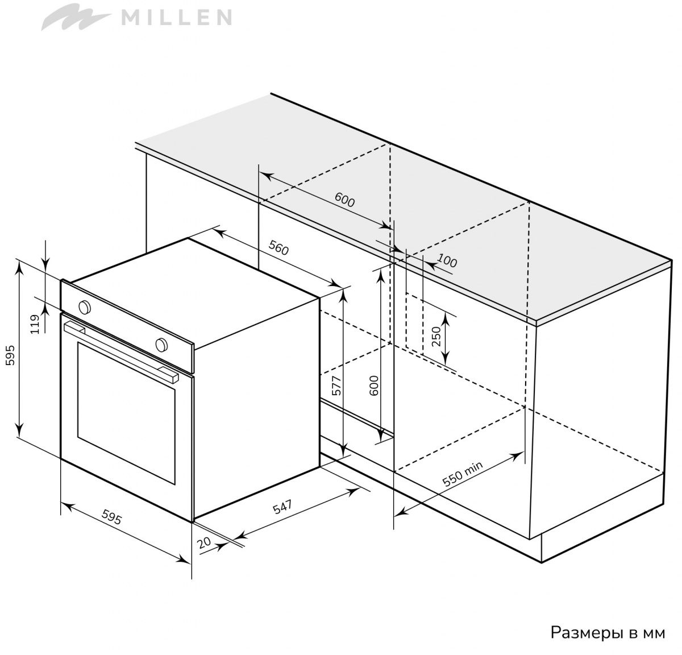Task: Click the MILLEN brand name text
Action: [x=176, y=17]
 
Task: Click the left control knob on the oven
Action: [x=85, y=307]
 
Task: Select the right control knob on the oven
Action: [x=161, y=345]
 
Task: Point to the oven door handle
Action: [x=121, y=351]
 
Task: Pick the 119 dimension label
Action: [x=35, y=324]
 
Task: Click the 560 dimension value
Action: [x=278, y=248]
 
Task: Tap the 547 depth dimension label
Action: [x=282, y=507]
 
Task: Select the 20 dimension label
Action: [x=204, y=542]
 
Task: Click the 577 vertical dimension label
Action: [x=336, y=385]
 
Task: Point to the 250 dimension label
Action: [x=435, y=336]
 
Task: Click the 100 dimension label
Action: [x=447, y=261]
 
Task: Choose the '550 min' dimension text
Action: [x=462, y=474]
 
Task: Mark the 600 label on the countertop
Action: [x=344, y=200]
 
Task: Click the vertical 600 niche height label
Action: [x=375, y=385]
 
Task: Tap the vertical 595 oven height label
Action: [x=10, y=355]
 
